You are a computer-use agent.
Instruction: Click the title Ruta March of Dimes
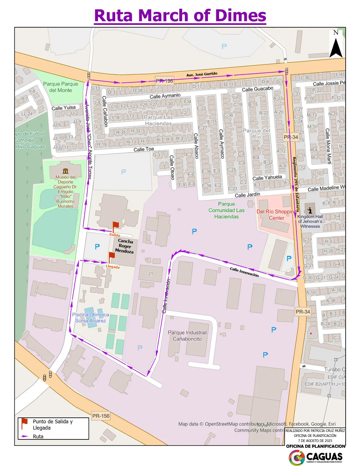[x=180, y=15]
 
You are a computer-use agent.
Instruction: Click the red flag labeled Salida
[x=115, y=226]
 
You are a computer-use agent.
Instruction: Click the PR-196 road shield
[x=164, y=81]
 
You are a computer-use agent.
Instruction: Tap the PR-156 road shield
[x=101, y=416]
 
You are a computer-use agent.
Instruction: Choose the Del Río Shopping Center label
[x=276, y=215]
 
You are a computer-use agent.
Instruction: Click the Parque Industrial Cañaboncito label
[x=187, y=336]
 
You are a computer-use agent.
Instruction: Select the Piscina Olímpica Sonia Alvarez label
[x=90, y=317]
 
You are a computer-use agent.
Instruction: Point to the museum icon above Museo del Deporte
[x=66, y=171]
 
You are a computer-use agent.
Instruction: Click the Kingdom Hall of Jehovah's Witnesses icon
[x=310, y=210]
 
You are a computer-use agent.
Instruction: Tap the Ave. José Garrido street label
[x=202, y=74]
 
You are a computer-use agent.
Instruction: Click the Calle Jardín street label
[x=247, y=195]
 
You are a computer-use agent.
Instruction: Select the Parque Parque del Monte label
[x=60, y=87]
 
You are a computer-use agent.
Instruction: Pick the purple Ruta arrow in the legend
[x=25, y=436]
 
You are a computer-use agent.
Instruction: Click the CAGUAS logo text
[x=324, y=456]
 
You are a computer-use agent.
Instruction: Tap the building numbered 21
[x=150, y=273]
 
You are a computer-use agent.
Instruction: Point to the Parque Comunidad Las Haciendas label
[x=226, y=210]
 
